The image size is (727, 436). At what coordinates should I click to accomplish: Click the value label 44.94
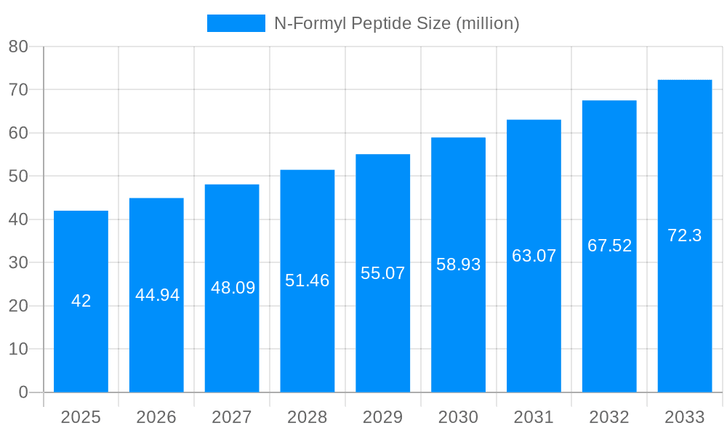pyautogui.click(x=157, y=295)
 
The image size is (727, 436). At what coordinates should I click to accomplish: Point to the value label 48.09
pyautogui.click(x=233, y=288)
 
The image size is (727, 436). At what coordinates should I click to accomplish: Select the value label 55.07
pyautogui.click(x=383, y=273)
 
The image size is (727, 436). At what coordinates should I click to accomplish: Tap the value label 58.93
pyautogui.click(x=459, y=265)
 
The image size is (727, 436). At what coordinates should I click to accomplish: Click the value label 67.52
pyautogui.click(x=609, y=246)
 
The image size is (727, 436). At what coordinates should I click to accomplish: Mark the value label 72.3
pyautogui.click(x=685, y=235)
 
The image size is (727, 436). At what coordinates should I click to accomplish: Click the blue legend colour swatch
pyautogui.click(x=236, y=23)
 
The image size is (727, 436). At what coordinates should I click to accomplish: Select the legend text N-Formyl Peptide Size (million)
pyautogui.click(x=396, y=23)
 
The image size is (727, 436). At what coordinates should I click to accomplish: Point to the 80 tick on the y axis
pyautogui.click(x=18, y=47)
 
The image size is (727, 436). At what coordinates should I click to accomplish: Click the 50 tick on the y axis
pyautogui.click(x=18, y=177)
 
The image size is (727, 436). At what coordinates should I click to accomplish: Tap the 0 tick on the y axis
pyautogui.click(x=23, y=392)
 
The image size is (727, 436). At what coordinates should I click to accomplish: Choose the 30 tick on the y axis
pyautogui.click(x=18, y=263)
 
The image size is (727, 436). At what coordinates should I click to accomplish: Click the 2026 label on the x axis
pyautogui.click(x=156, y=417)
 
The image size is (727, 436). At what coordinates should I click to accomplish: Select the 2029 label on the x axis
pyautogui.click(x=383, y=417)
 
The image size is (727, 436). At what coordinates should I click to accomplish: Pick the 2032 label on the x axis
pyautogui.click(x=609, y=417)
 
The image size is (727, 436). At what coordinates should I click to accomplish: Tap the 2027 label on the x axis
pyautogui.click(x=232, y=417)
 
